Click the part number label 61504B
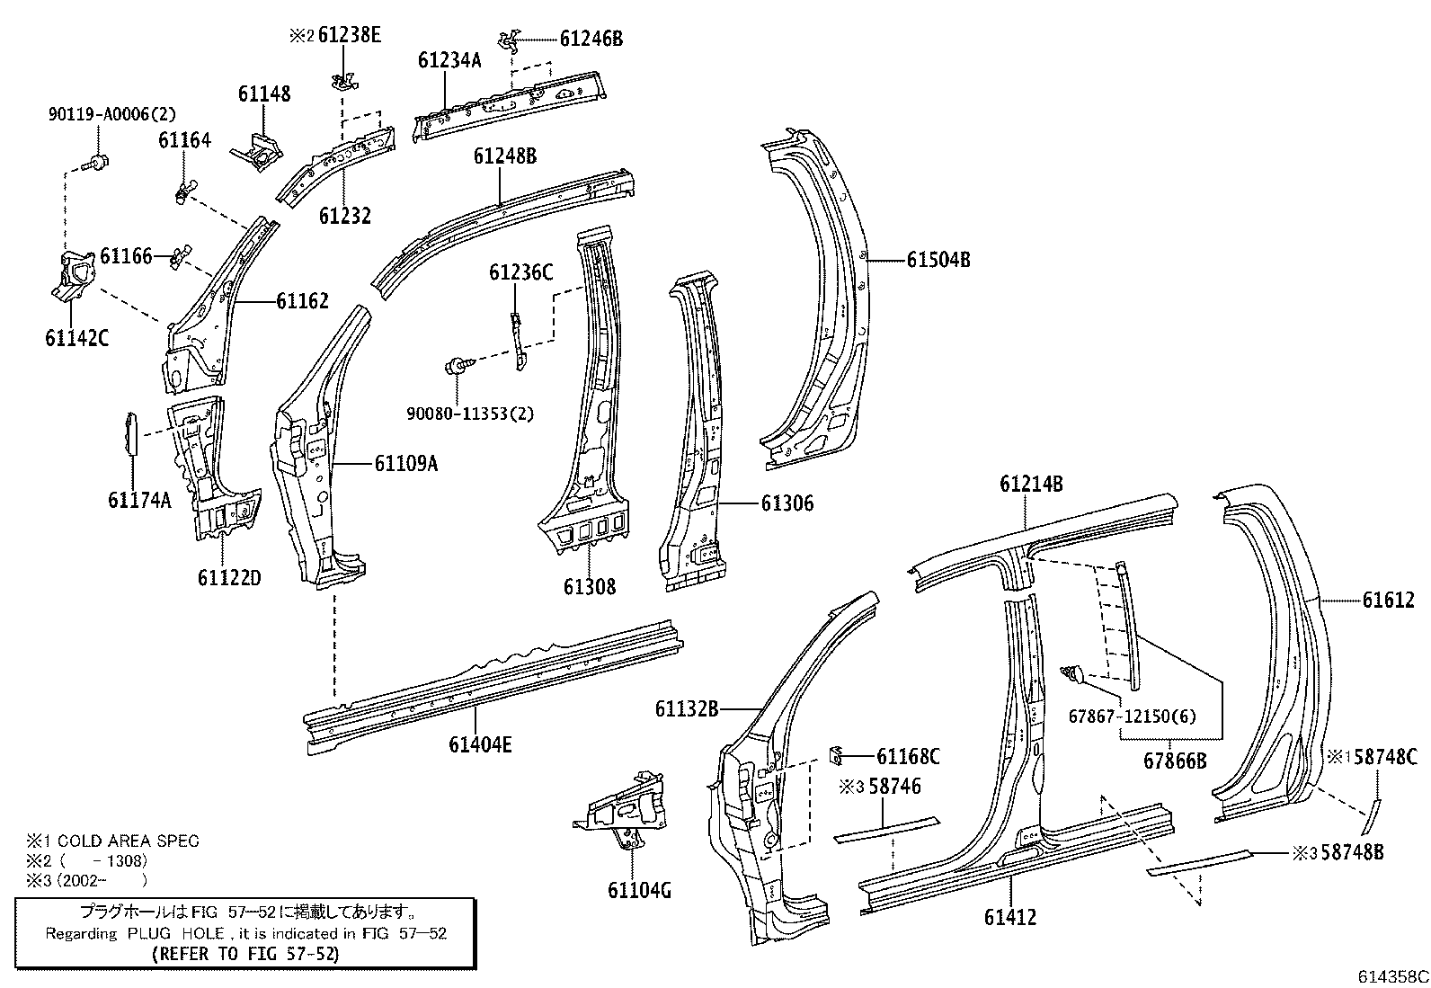coord(938,261)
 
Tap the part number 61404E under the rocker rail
coord(481,744)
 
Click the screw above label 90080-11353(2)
coord(456,366)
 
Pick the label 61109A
coord(406,464)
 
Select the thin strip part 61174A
coord(129,433)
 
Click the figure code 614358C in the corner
coord(1392,975)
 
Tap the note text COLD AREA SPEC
coord(122,841)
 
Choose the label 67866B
coord(1175,761)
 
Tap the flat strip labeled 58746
coord(885,829)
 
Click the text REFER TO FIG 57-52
coord(245,953)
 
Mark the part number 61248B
coord(505,156)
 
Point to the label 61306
coord(787,504)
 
